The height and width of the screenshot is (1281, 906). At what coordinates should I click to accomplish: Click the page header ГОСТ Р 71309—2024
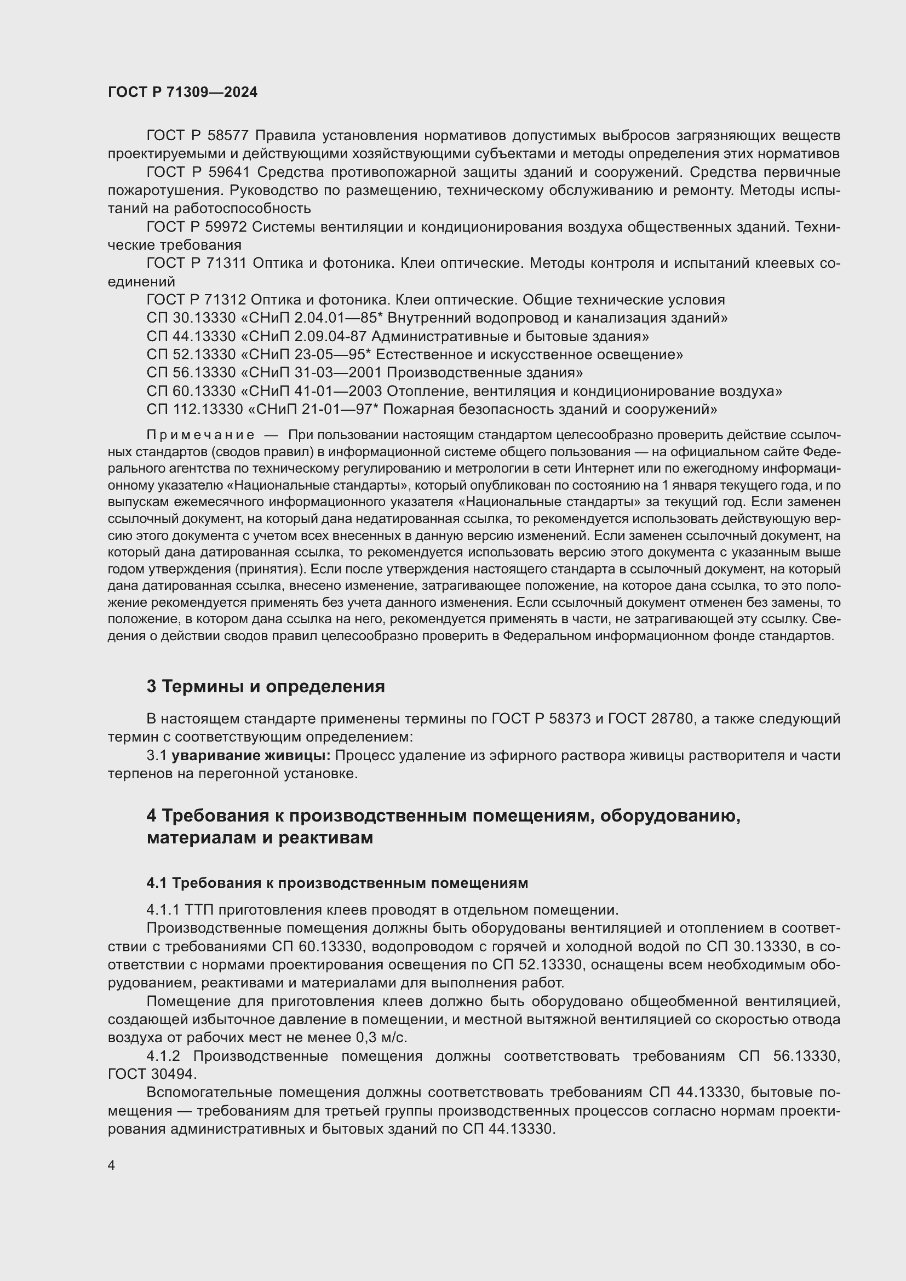pyautogui.click(x=182, y=92)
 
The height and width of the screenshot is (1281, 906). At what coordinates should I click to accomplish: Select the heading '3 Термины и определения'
pyautogui.click(x=266, y=686)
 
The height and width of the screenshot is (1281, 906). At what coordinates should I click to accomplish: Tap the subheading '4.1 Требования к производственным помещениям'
pyautogui.click(x=337, y=883)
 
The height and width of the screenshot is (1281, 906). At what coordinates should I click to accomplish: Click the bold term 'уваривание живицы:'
pyautogui.click(x=251, y=755)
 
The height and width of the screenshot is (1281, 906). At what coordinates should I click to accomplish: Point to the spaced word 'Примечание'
pyautogui.click(x=200, y=435)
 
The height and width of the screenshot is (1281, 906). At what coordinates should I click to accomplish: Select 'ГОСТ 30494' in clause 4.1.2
pyautogui.click(x=151, y=1073)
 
